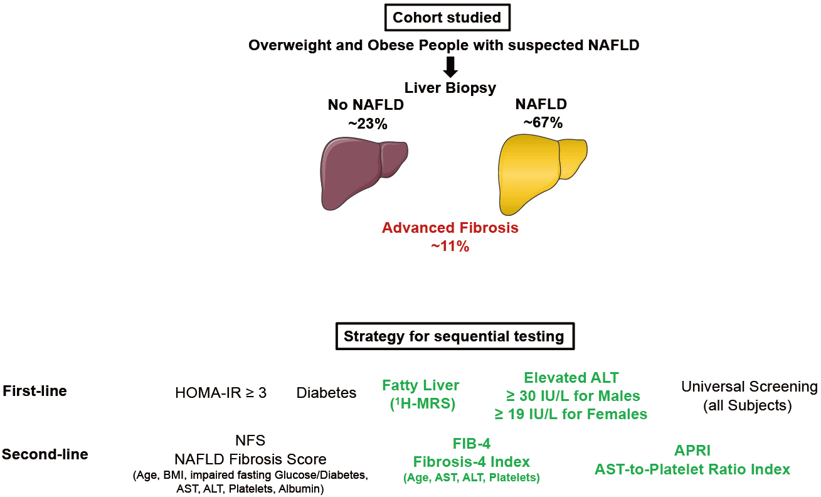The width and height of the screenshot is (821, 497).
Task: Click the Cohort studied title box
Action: pos(447,17)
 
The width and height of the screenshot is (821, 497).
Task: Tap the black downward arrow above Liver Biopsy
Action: pos(450,67)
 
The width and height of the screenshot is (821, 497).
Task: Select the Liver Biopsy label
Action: pos(450,88)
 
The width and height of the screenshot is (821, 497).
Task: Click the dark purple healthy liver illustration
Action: pos(364,173)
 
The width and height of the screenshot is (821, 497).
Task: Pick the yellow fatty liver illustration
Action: pos(543,174)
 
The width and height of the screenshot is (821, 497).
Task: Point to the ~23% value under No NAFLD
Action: pos(368,124)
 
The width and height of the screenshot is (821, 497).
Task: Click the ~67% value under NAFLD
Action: pos(543,122)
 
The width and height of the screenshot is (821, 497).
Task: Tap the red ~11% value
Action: pos(450,246)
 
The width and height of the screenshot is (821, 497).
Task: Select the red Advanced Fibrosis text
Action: pos(450,228)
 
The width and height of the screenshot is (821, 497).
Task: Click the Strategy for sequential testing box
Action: pos(455,336)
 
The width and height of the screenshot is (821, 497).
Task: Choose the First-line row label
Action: pos(35,391)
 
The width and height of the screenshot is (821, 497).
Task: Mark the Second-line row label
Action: pos(45,454)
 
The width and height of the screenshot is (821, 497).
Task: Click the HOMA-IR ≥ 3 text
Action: pos(221,393)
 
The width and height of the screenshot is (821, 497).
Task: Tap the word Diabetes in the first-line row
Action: pos(326,393)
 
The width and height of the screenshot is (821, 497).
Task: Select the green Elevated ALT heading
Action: pos(571,378)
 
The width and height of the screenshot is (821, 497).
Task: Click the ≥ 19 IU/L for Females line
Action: pos(571,414)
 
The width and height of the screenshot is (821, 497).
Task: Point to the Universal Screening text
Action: pos(749,387)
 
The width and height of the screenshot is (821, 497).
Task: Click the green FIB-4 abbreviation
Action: pos(472,444)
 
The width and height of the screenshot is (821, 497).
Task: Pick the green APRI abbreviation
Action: pos(692,451)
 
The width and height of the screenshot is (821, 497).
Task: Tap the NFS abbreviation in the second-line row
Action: pos(250,440)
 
